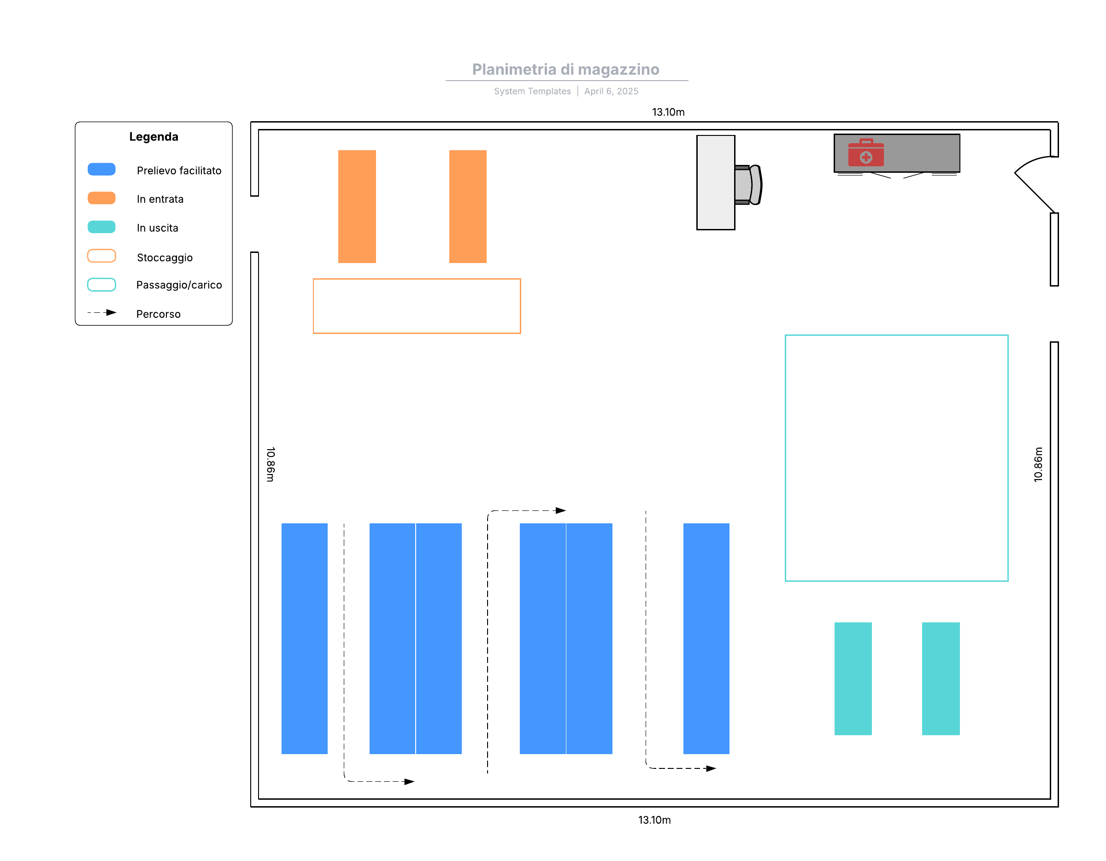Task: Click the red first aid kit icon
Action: pos(866,152)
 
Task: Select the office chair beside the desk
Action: pos(748,185)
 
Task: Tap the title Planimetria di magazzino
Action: pos(565,70)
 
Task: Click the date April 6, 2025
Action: pos(611,91)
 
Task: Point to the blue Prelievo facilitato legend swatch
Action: pos(101,170)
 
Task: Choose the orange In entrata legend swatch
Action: pos(101,198)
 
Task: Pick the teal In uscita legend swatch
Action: pos(101,227)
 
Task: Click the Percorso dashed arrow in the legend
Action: pos(102,313)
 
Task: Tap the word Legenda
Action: pos(153,137)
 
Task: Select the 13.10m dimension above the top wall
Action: pos(668,112)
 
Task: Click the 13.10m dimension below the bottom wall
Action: pos(654,820)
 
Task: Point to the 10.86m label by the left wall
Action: pos(271,464)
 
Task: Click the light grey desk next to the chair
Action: pos(716,182)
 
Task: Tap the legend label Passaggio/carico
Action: pos(179,285)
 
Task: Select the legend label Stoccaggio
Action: pos(165,258)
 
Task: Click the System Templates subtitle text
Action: pos(532,91)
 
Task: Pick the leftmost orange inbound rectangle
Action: pos(357,206)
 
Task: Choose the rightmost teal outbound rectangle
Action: pos(941,678)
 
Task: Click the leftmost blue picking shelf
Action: pos(304,638)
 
